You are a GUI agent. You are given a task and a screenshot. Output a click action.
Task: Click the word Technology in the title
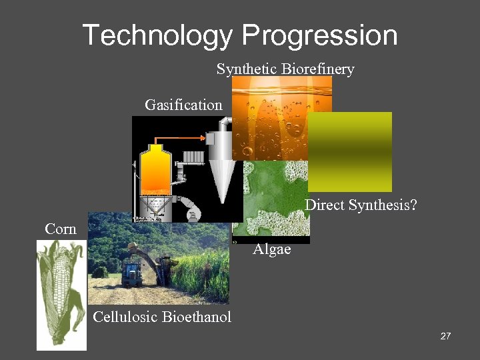157,35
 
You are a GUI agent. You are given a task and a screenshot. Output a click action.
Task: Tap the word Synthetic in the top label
247,69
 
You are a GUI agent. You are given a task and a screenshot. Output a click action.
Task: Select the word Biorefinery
318,69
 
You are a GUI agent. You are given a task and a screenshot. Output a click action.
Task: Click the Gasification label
183,105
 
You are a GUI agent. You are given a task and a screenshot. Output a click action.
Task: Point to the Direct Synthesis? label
361,205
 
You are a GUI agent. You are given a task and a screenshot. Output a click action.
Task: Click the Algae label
272,250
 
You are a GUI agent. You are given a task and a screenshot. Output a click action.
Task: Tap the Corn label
61,229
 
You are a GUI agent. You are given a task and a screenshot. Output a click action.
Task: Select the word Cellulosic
125,317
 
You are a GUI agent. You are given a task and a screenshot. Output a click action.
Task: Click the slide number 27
445,336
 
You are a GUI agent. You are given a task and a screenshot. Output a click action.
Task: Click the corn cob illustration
62,293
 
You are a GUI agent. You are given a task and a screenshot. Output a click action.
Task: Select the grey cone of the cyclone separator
219,177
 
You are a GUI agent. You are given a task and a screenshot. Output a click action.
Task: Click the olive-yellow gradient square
349,151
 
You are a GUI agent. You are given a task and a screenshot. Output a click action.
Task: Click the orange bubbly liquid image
280,113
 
